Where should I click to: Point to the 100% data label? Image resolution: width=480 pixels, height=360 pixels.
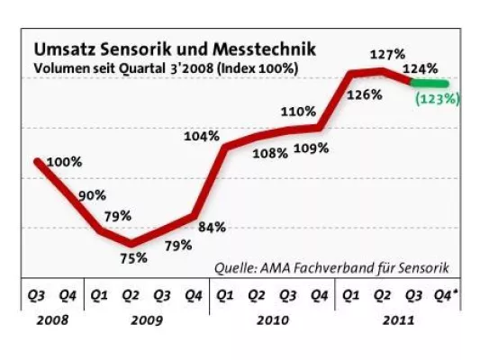[64, 162]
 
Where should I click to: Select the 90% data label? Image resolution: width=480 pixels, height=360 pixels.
[92, 195]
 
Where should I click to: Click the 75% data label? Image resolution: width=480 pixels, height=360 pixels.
[134, 258]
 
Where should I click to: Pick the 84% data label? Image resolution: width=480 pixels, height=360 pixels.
[212, 227]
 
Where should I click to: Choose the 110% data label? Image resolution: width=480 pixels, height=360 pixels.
[298, 112]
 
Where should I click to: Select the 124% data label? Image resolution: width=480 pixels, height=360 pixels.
[421, 67]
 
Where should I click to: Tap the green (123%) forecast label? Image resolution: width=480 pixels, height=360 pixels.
[437, 99]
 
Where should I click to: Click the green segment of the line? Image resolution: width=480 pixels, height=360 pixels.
[430, 84]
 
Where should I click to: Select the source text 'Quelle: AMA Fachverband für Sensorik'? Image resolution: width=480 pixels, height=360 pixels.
[331, 267]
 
